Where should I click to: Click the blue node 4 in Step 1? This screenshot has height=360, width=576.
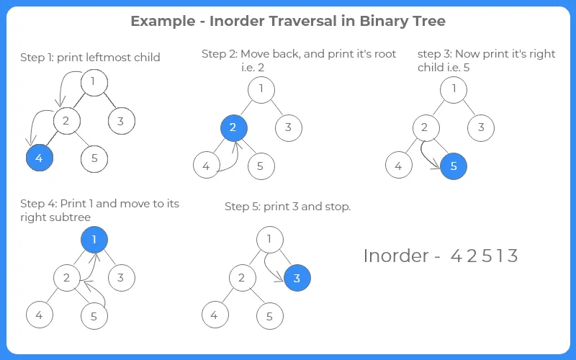pos(40,158)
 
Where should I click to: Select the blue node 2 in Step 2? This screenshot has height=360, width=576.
pos(233,128)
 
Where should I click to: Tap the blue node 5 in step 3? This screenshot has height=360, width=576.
pos(454,166)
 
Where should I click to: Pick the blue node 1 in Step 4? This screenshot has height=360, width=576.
pos(94,239)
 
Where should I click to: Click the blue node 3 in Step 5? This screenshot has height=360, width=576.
pos(297,277)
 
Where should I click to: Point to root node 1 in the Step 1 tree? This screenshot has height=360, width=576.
pos(94,82)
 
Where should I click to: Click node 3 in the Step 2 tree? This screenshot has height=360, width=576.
pos(288,128)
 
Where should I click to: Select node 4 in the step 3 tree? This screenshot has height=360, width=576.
pos(398,166)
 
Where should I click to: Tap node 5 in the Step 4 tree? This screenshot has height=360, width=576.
pos(94,315)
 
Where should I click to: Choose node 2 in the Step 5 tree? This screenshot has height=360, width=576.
pos(242,277)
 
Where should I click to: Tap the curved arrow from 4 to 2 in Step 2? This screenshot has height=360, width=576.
pos(229,160)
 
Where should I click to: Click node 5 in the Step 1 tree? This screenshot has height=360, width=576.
pos(94,158)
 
